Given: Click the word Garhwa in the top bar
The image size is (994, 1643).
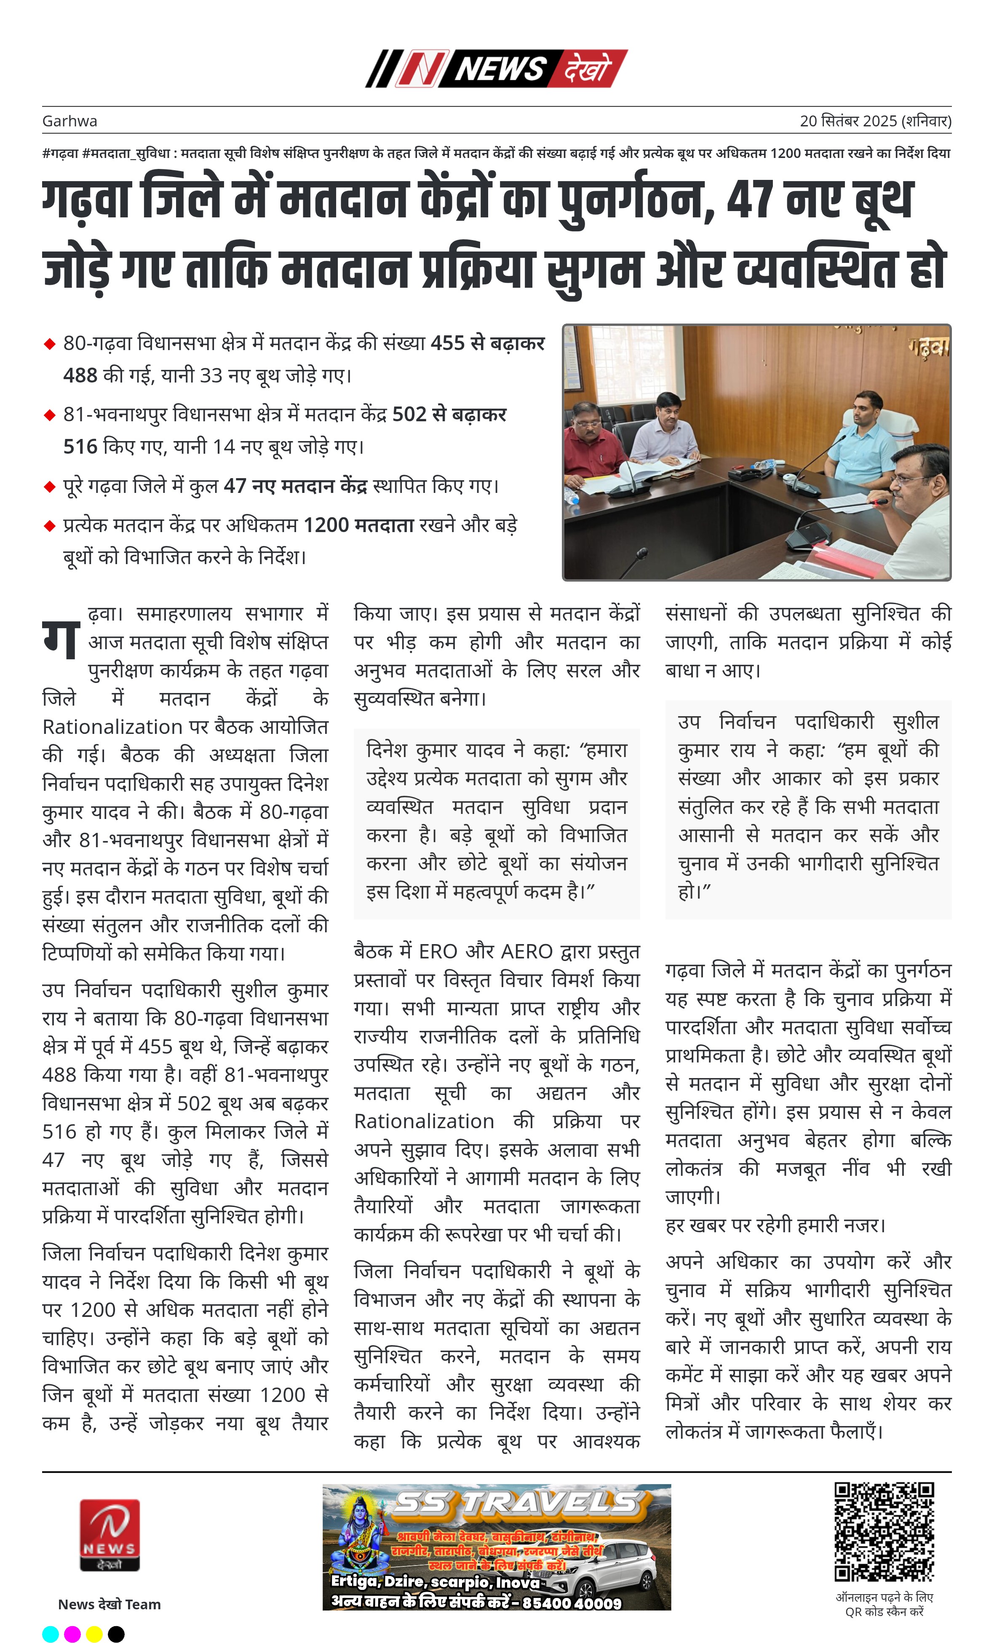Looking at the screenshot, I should [x=69, y=121].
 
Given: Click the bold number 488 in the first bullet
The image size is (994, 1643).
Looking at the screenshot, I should [x=80, y=375].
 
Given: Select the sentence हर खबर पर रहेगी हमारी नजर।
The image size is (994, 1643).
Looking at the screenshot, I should [x=775, y=1225].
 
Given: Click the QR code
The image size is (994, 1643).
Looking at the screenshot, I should [x=884, y=1532].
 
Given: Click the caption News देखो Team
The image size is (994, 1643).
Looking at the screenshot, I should [x=110, y=1604].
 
